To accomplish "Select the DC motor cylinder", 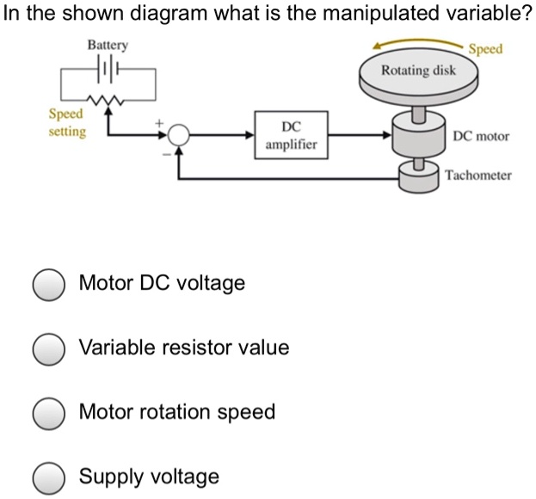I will pos(418,135).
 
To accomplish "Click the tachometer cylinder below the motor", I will pos(419,178).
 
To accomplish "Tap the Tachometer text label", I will pos(478,175).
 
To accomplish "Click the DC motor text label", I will pos(482,136).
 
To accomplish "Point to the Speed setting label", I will pos(66,122).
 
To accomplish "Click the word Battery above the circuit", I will pos(108,43).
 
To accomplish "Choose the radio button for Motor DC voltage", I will pos(49,284).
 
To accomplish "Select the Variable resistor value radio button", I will pos(49,348).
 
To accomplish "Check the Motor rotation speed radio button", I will pos(49,413).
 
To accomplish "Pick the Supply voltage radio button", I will pos(49,477).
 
